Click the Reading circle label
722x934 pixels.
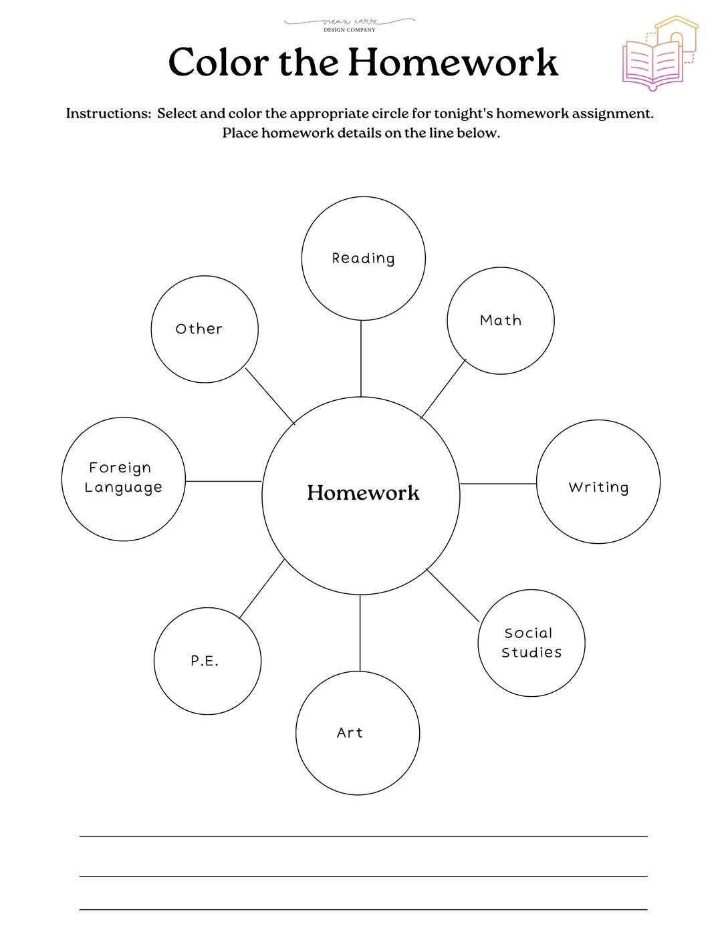coord(363,259)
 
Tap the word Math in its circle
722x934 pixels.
coord(501,321)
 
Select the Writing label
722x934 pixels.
coord(598,488)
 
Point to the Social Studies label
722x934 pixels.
coord(531,643)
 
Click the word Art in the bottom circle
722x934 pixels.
coord(350,733)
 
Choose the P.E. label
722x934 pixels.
coord(205,661)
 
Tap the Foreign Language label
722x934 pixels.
coord(123,478)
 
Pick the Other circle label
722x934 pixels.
coord(199,329)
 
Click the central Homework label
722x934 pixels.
coord(363,493)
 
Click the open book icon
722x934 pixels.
coord(653,64)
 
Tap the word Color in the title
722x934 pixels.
coord(218,63)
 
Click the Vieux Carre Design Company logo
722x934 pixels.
coord(350,25)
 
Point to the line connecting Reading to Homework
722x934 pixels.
coord(361,359)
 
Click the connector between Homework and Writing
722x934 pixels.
coord(498,484)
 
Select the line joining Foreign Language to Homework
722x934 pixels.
coord(223,481)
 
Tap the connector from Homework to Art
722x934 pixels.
coord(360,633)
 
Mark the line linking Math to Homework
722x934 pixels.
coord(443,389)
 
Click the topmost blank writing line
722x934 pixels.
coord(363,836)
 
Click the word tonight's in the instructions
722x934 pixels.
coord(463,114)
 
